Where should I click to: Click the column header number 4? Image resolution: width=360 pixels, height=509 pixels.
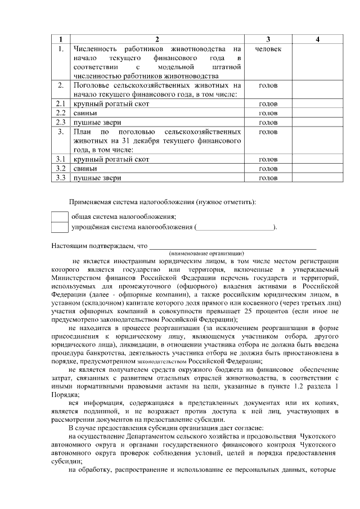tap(318, 39)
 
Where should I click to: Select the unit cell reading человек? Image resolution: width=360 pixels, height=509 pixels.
tap(268, 49)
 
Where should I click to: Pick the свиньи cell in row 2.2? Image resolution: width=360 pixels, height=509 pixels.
tap(85, 113)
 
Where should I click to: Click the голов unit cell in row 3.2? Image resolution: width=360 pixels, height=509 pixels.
tap(268, 168)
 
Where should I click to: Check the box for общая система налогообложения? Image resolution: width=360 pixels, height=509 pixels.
tap(59, 217)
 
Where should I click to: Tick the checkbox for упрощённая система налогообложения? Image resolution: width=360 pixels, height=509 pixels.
tap(59, 227)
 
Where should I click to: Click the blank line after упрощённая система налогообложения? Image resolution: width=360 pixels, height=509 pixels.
tap(235, 227)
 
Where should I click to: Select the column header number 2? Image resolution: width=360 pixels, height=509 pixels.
tap(157, 39)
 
